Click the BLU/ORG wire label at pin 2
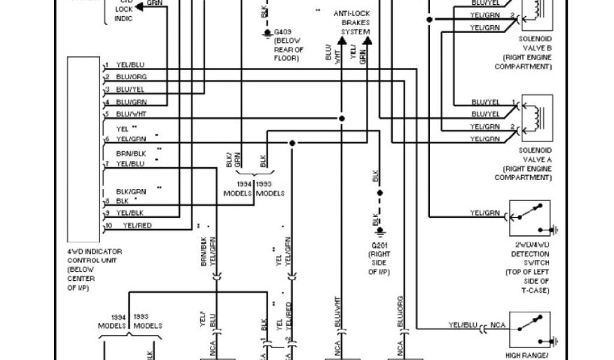pos(131,77)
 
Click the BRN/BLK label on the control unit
pos(131,153)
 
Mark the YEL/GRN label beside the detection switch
pos(484,212)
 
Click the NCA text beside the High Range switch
pos(498,326)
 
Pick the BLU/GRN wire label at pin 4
pos(131,102)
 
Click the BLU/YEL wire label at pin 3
pos(131,90)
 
